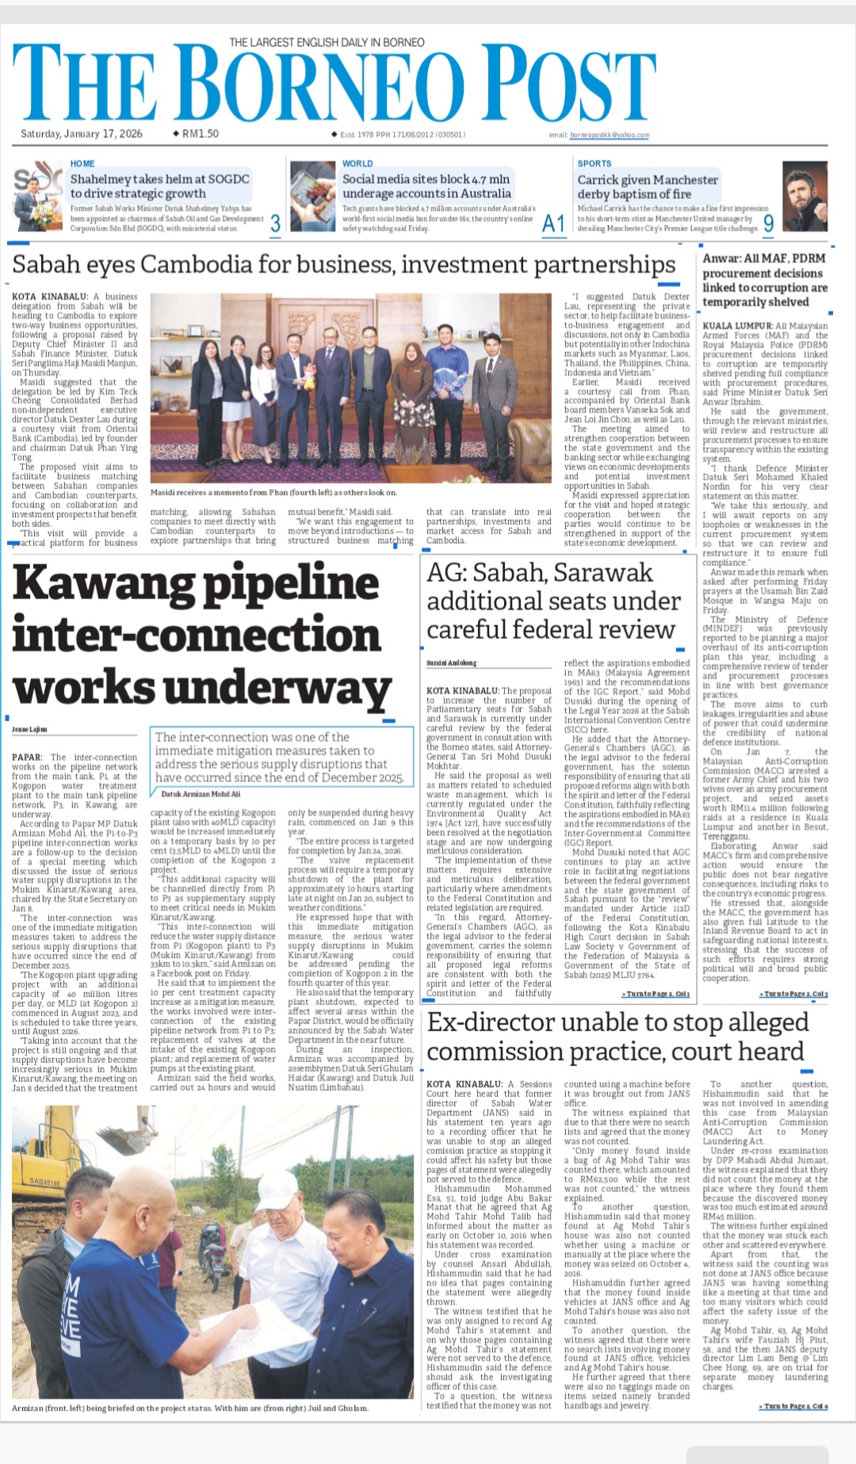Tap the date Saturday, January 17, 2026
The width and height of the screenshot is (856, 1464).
tap(82, 134)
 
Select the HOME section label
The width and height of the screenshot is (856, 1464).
tap(82, 163)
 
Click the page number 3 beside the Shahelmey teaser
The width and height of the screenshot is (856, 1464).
tap(275, 224)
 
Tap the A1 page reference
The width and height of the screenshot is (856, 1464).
tap(553, 224)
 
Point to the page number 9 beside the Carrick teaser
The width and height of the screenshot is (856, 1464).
tap(768, 224)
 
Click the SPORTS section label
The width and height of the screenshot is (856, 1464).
tap(594, 163)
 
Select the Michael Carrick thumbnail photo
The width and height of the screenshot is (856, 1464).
tap(804, 197)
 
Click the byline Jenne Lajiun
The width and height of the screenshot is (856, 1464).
tap(30, 728)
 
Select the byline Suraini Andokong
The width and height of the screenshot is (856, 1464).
tap(452, 663)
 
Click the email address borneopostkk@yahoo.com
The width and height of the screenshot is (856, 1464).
tap(610, 136)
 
